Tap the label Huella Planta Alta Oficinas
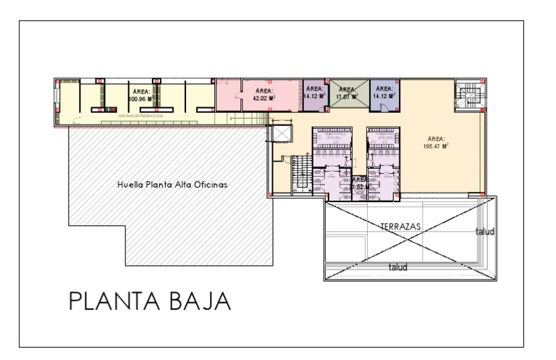coord(172,185)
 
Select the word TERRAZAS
coord(400,227)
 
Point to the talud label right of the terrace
coord(483,232)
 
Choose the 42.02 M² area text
coord(261,97)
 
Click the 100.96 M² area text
coord(139,97)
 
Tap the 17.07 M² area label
coord(350,96)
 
